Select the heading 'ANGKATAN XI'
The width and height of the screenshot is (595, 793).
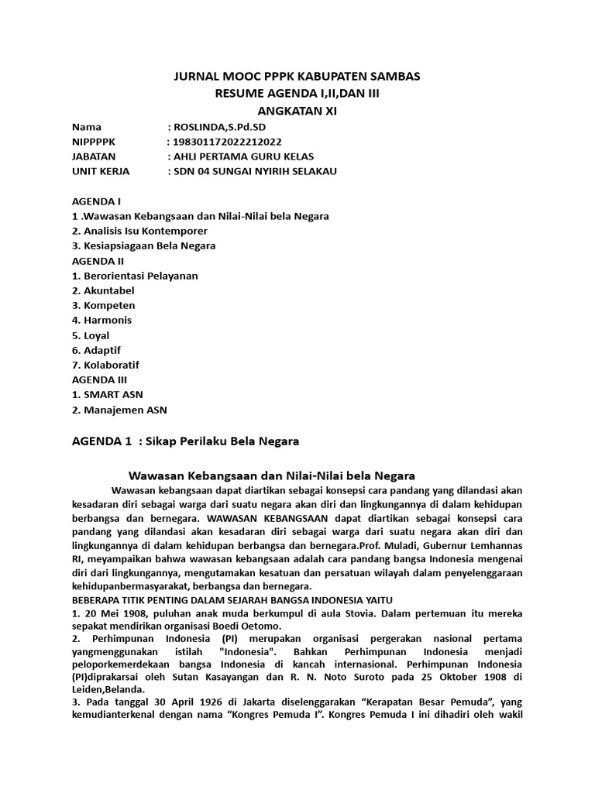pos(297,111)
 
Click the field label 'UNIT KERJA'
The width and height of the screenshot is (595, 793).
pos(101,171)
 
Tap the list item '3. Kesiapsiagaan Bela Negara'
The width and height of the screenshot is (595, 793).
pos(143,245)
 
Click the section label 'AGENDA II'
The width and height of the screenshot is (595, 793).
pos(98,260)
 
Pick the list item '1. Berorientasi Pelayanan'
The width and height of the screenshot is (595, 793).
pos(135,275)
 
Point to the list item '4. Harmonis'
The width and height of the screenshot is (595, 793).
pos(101,320)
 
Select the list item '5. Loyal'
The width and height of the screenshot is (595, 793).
pos(91,335)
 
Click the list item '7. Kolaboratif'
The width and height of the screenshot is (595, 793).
pos(105,365)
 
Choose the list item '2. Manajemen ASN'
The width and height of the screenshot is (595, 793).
pos(119,410)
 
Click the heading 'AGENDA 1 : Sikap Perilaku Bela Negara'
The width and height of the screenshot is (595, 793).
pos(185,441)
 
